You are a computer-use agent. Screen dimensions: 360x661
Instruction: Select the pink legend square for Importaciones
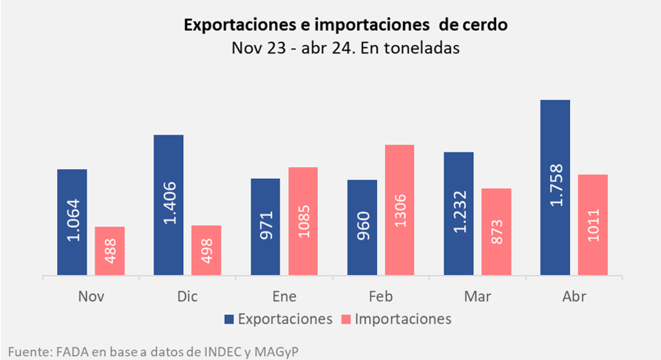point(347,319)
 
